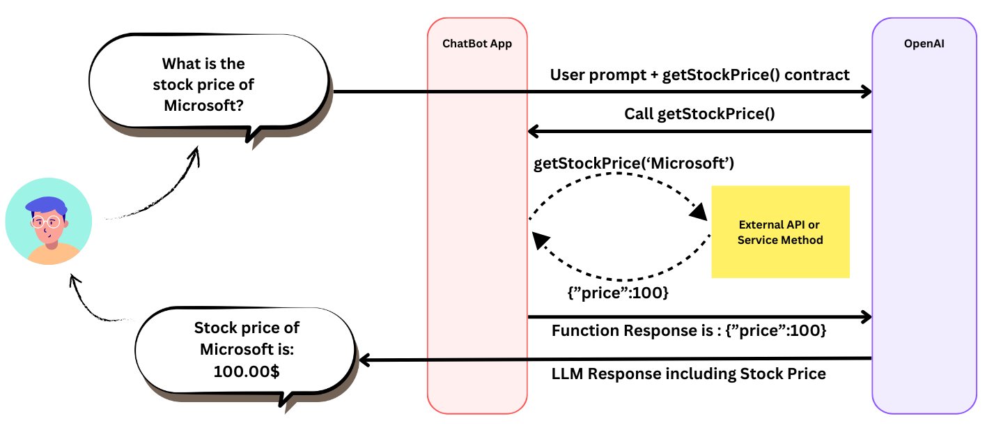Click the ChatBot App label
[477, 43]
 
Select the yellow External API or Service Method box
[780, 231]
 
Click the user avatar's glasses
[45, 223]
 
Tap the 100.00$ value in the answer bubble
[247, 371]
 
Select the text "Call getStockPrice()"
[699, 114]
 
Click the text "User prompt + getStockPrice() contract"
[700, 75]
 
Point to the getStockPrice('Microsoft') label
[634, 164]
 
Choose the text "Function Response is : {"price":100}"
[689, 331]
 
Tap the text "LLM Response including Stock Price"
[689, 374]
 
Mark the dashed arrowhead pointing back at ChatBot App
[538, 239]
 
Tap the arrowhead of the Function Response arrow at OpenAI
[865, 318]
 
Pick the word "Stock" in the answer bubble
[213, 328]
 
